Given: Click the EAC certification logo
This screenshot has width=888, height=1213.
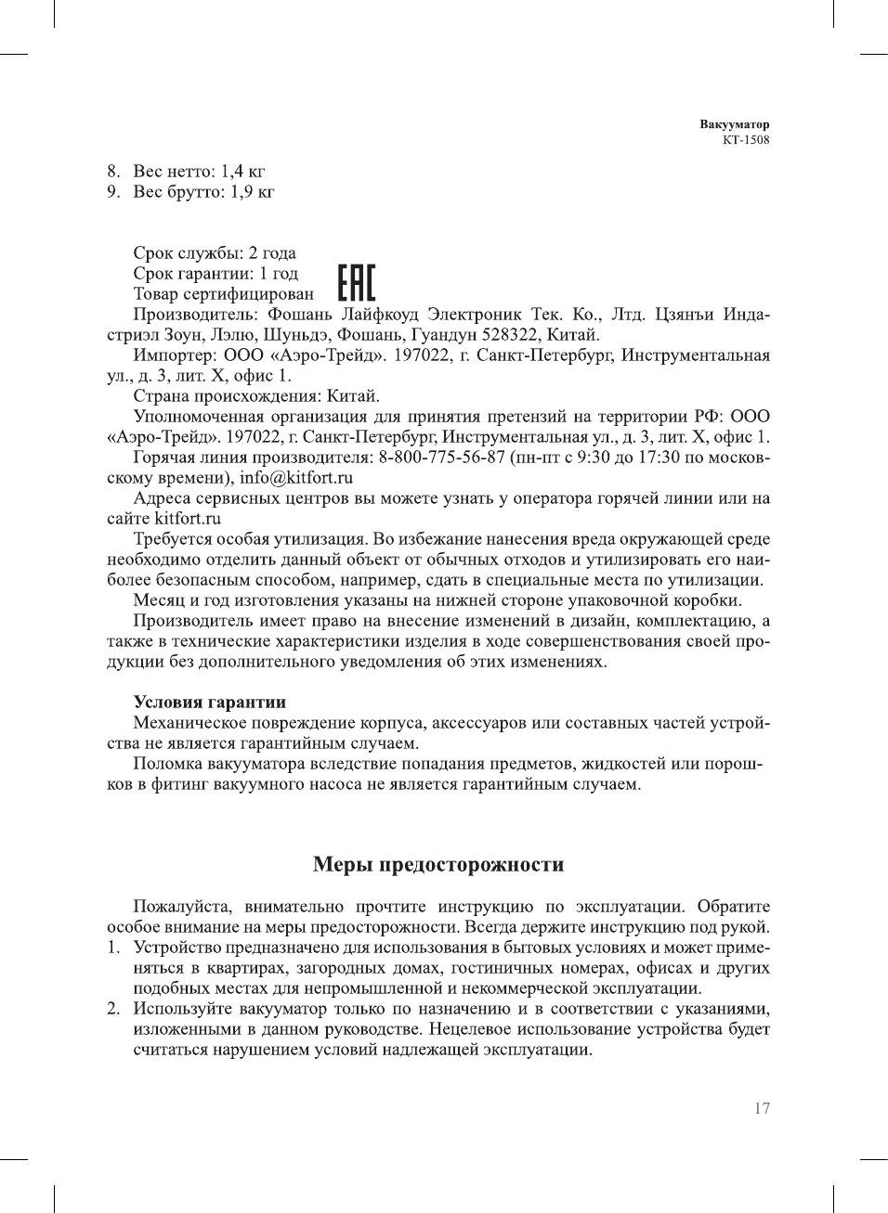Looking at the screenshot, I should pos(357,282).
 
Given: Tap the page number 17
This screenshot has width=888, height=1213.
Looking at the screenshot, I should pos(762,1108).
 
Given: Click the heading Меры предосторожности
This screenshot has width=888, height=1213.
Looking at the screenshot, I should pos(438,865).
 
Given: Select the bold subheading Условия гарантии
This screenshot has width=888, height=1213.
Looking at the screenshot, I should pos(209,702).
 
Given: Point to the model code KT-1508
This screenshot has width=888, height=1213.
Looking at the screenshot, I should pos(746,140).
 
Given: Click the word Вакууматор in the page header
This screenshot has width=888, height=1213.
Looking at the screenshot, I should pos(735,124).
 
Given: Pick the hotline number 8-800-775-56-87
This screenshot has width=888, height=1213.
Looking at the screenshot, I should pos(441,458).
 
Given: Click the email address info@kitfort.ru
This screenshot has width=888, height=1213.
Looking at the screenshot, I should pos(296,478).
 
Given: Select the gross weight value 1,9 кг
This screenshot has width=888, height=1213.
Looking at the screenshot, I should pos(253,192).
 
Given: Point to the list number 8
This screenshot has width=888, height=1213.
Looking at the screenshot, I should pos(112,172).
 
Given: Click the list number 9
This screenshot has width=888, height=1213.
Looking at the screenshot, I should pos(112,192).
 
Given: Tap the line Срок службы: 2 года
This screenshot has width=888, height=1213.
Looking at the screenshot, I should pos(215,253).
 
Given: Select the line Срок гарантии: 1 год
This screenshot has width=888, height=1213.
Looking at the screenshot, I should pos(215,274).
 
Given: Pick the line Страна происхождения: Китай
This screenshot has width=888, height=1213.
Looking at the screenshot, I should pos(256,396).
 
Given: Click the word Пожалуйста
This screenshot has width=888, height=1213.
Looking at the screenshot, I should pos(185,907).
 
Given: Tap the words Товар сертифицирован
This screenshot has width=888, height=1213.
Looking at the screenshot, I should pos(224,294).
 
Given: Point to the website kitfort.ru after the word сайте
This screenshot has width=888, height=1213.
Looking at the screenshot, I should pos(188,519).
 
